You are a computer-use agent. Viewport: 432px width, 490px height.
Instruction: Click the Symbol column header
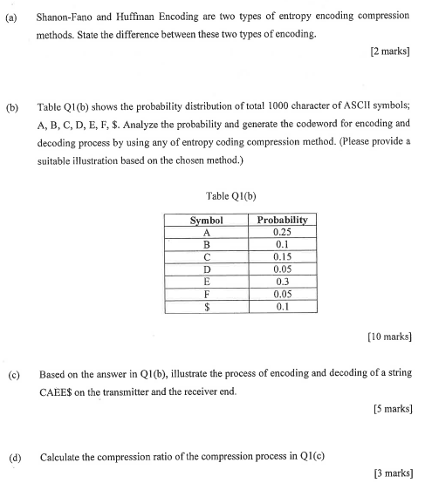(x=207, y=221)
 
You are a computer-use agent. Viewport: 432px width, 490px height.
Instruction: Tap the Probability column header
(x=282, y=221)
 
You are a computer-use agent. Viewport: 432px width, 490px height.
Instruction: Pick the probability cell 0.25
(x=282, y=233)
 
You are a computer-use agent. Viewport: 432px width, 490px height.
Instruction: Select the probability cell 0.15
(x=282, y=257)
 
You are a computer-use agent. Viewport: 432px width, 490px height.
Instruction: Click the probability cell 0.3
(x=282, y=282)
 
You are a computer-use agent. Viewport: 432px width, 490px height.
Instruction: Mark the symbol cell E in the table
(x=207, y=282)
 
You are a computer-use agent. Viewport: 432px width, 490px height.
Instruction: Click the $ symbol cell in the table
(x=207, y=307)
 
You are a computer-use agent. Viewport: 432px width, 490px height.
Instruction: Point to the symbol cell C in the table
(x=207, y=257)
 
